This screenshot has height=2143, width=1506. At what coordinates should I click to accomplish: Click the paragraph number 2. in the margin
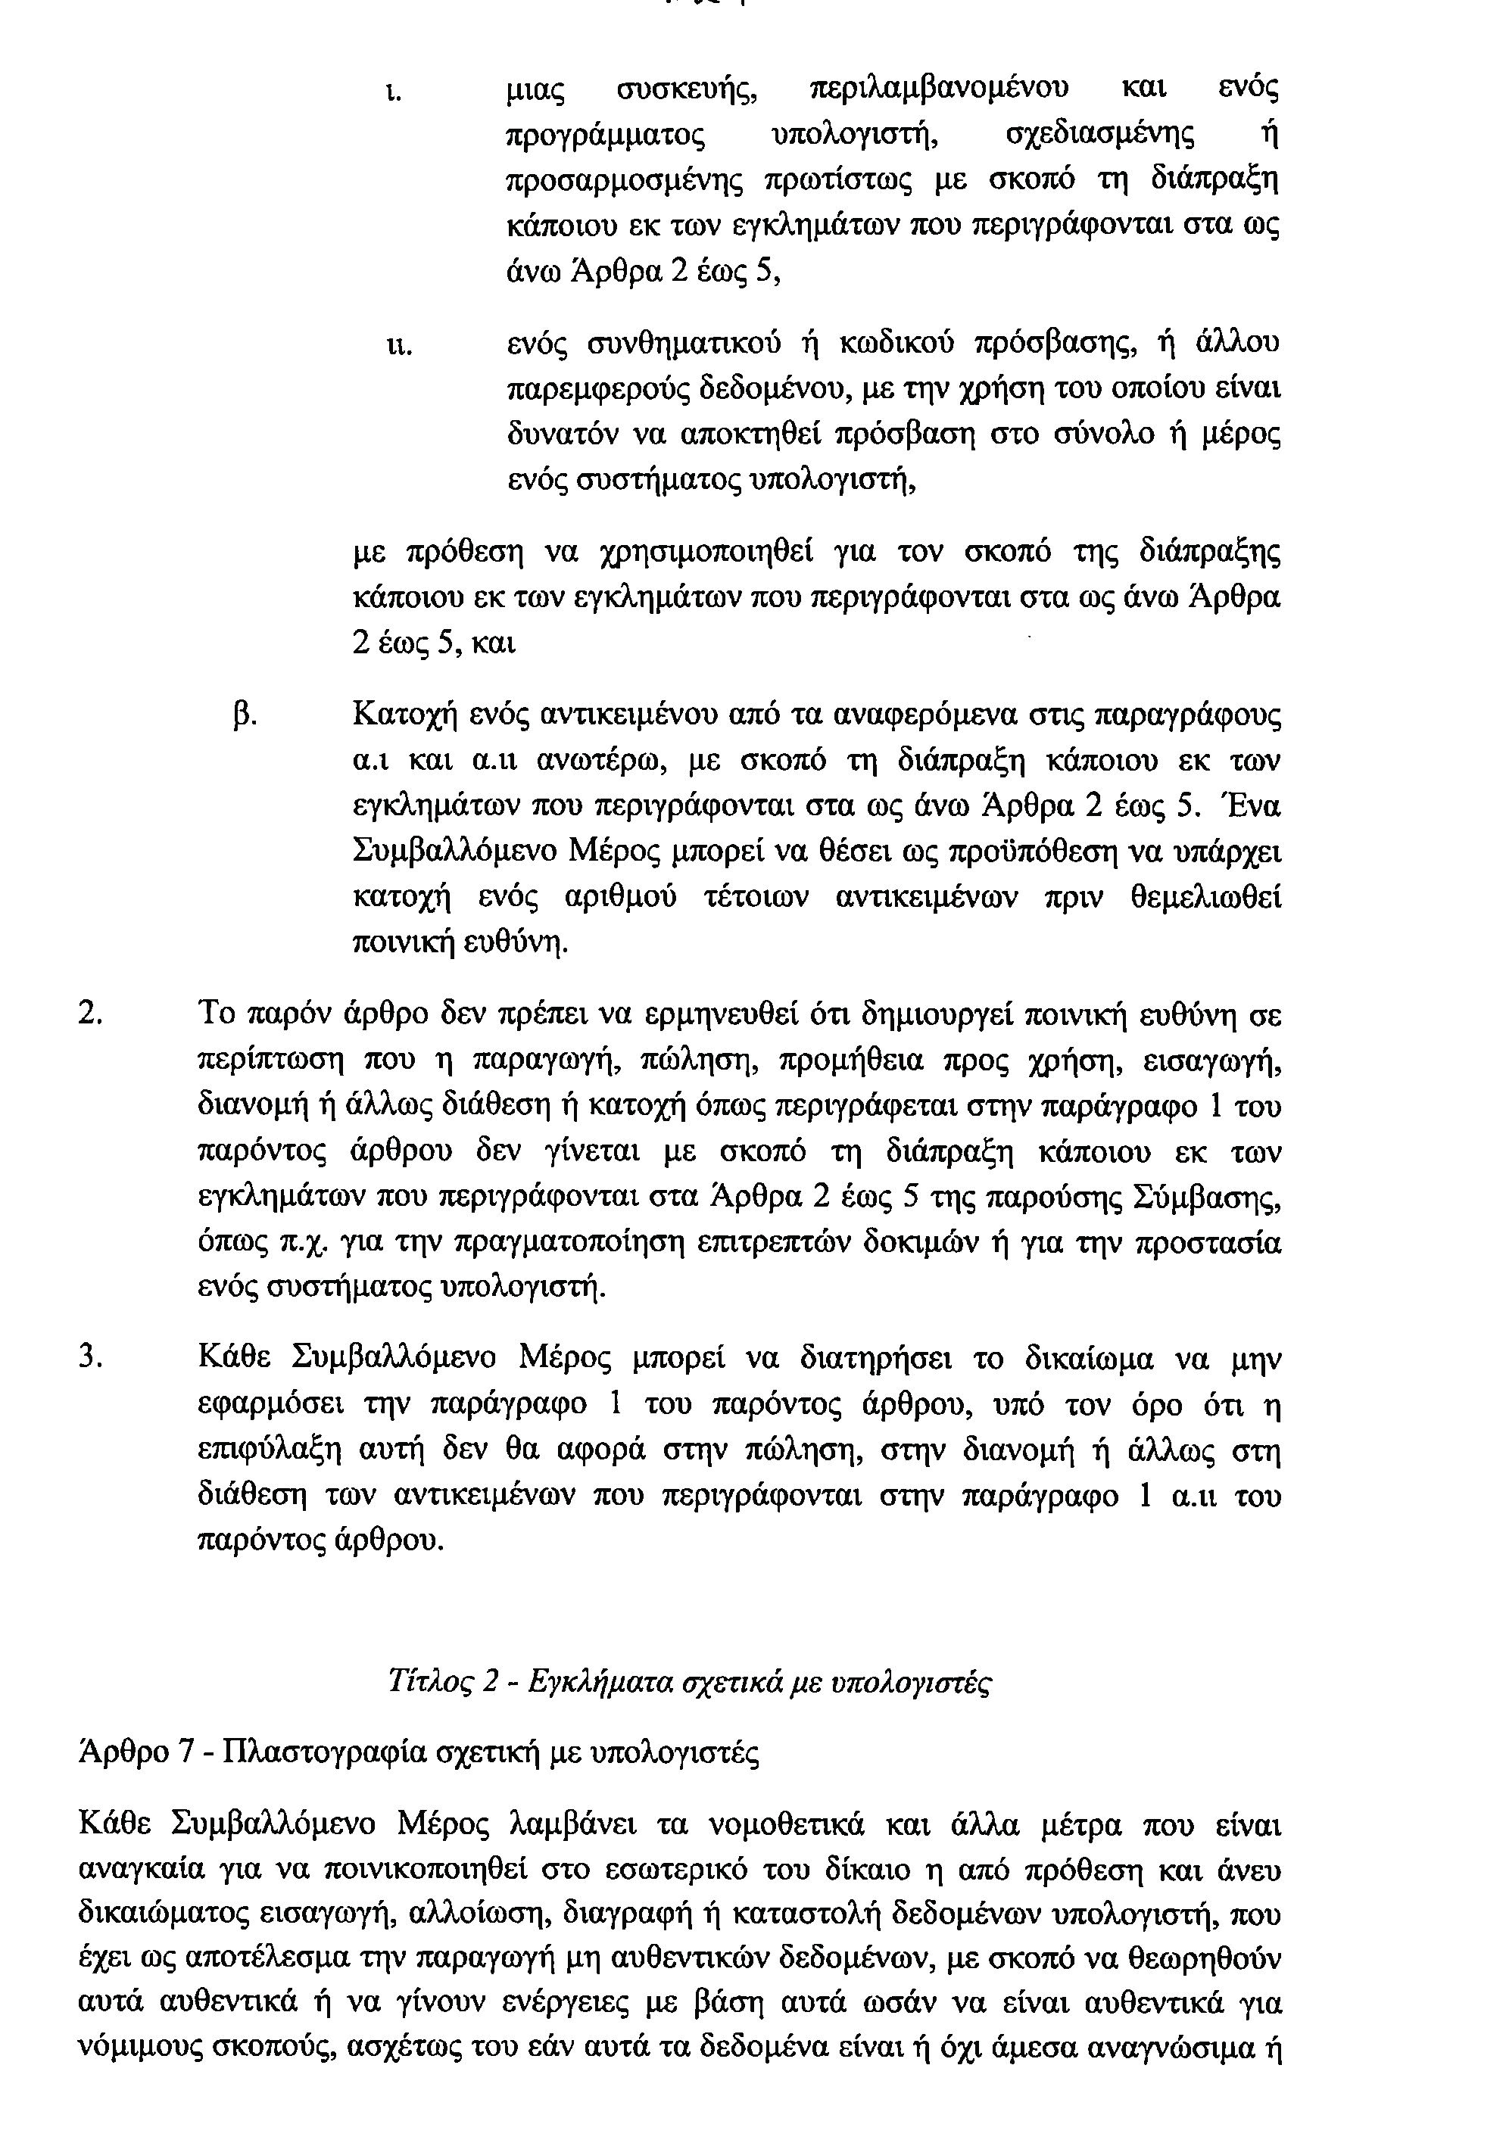click(91, 1014)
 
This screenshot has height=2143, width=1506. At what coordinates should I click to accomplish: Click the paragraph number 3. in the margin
click(91, 1358)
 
